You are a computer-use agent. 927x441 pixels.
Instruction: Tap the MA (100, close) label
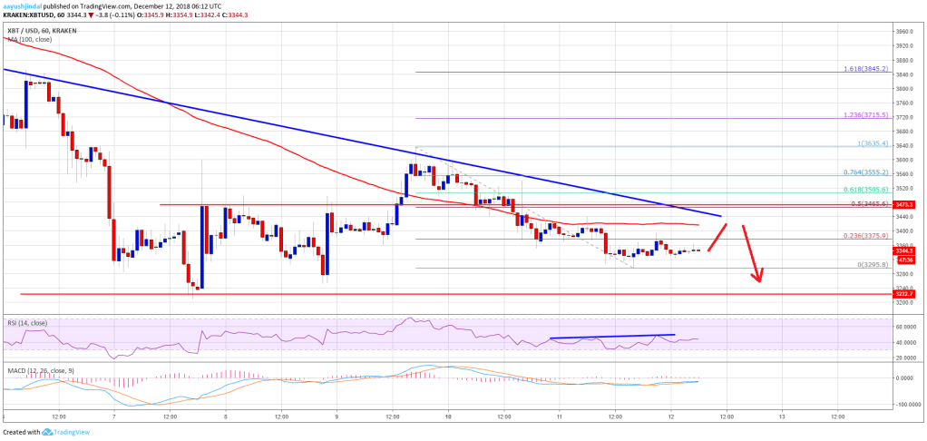27,39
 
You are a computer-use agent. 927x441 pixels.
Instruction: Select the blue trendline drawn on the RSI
612,337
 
